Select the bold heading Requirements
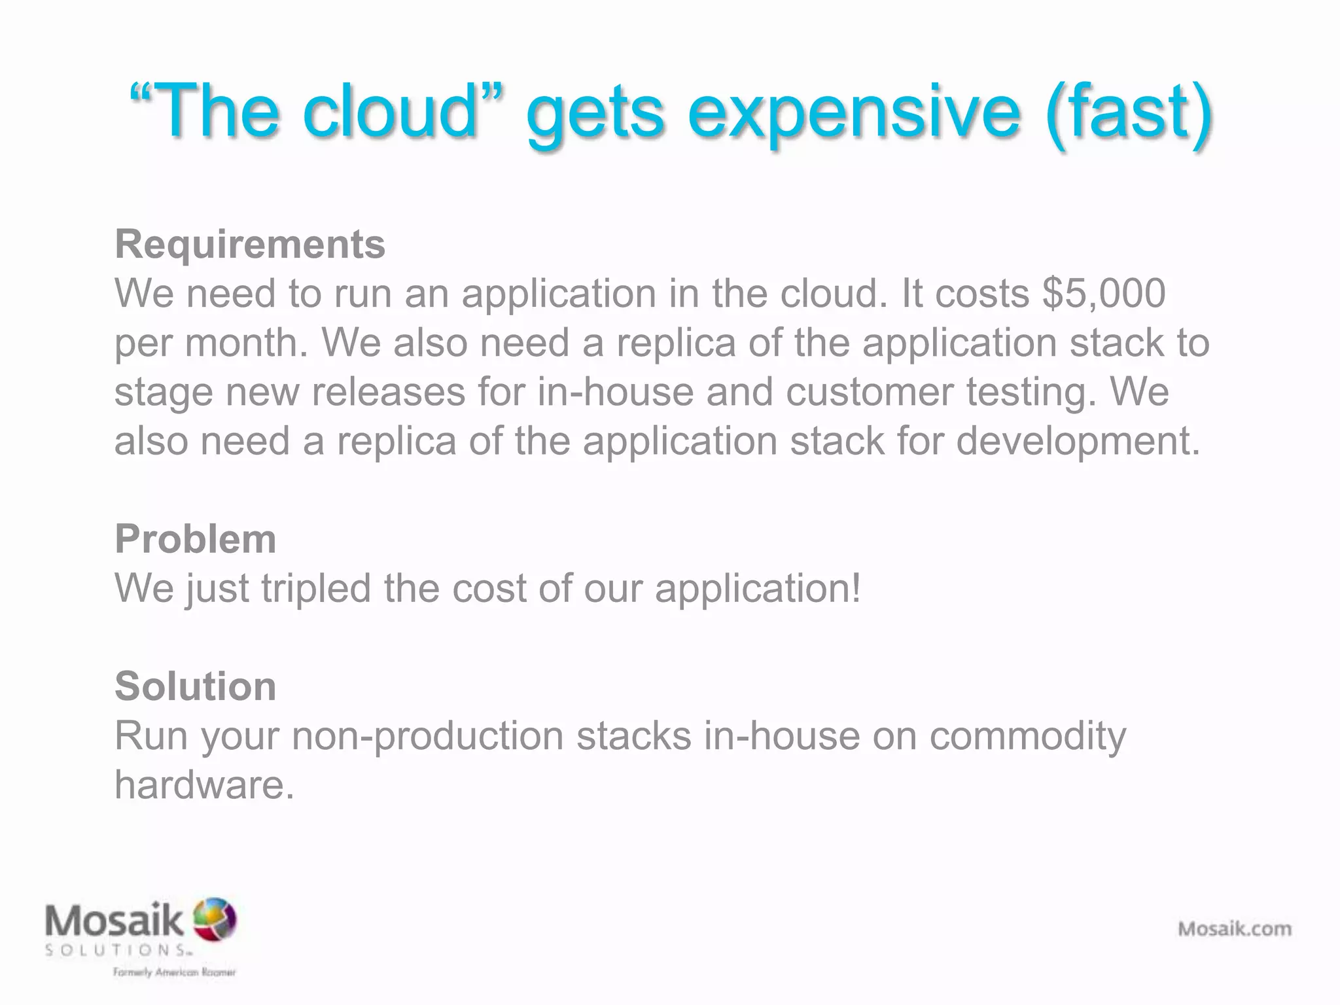250,245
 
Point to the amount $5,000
1104,293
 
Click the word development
1078,441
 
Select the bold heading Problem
195,539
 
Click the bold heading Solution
195,686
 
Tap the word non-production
427,735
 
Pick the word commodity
1028,735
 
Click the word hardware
204,785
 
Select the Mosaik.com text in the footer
1235,928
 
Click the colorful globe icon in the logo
214,918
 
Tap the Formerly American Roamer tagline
174,972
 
